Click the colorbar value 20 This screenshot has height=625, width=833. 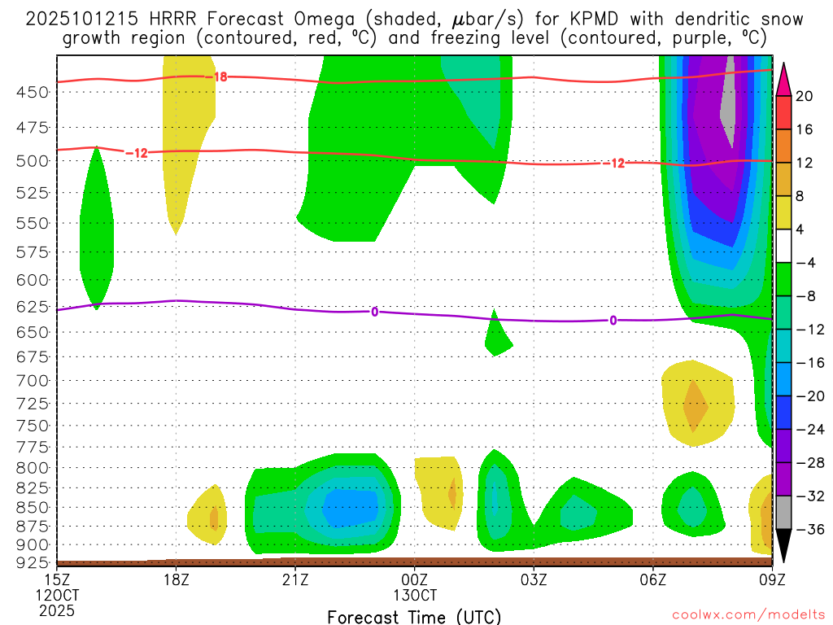(805, 96)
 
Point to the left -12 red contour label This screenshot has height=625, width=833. (136, 152)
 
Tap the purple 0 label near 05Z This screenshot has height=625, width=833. (613, 321)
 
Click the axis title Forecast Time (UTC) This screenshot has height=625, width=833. (415, 616)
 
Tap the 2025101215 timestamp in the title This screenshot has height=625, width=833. (81, 19)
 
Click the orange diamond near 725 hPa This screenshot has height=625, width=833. (695, 405)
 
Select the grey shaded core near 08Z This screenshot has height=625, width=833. (729, 98)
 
